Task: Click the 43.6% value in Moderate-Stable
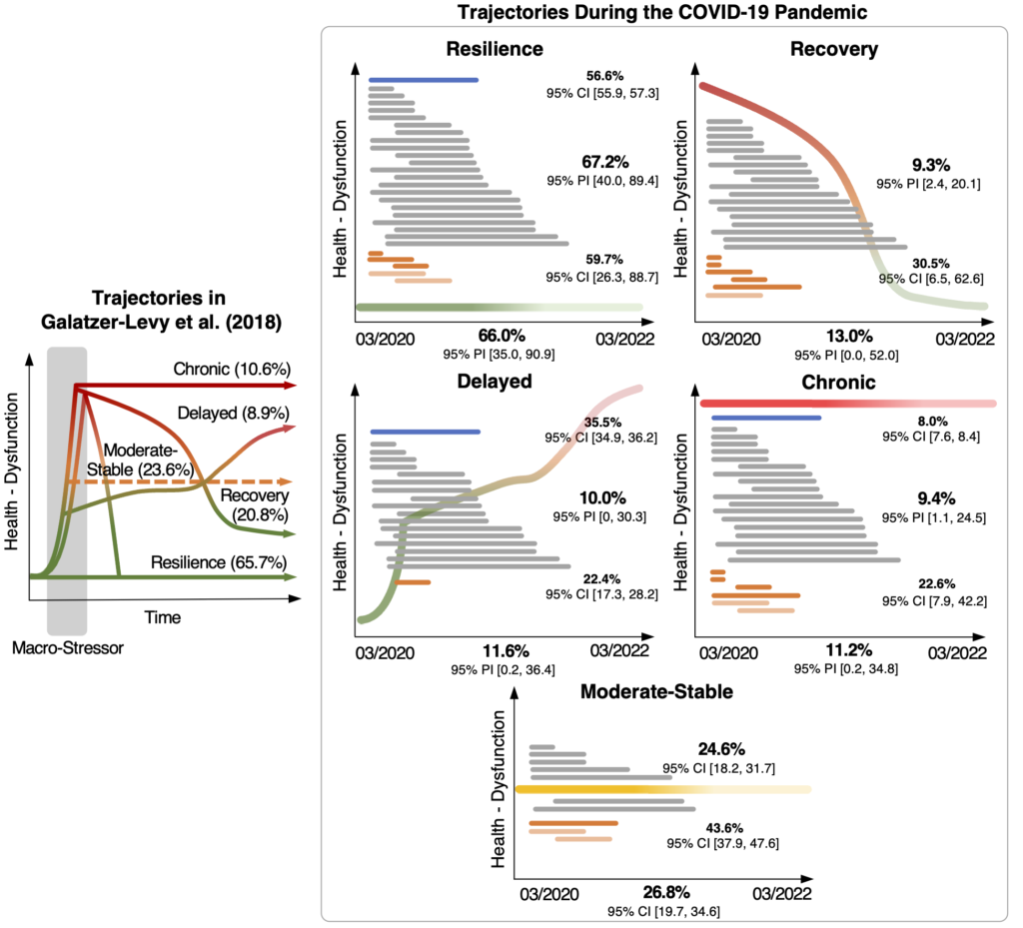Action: tap(705, 828)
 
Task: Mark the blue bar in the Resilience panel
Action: tap(424, 80)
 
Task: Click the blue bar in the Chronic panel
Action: tap(765, 418)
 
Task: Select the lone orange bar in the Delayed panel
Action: tap(413, 581)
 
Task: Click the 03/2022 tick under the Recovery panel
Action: tap(964, 339)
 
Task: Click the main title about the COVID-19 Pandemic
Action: tap(659, 14)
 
